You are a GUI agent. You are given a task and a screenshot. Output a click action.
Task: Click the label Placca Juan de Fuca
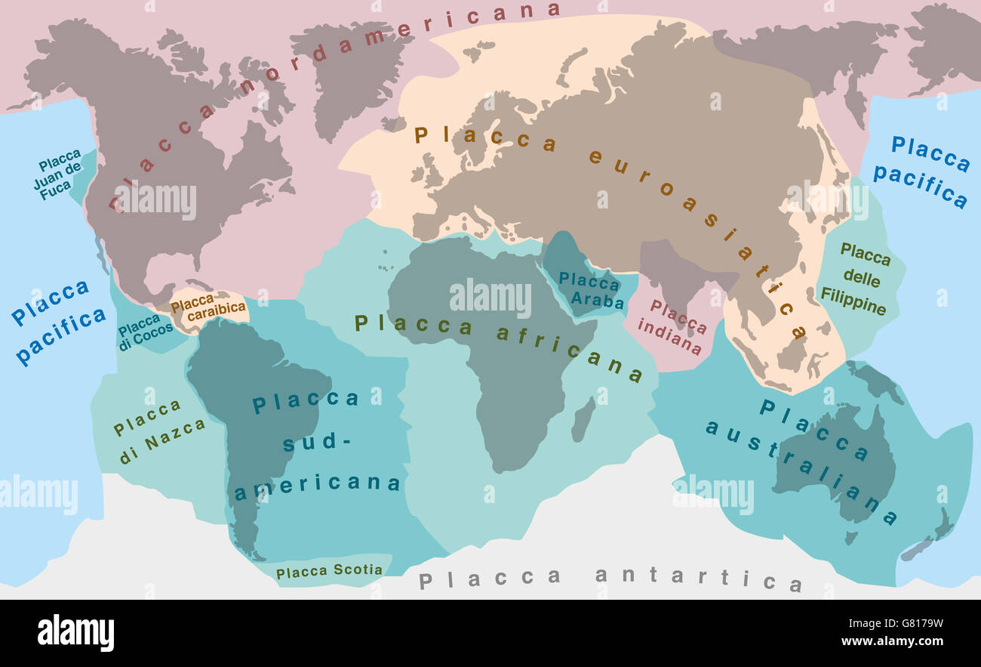59,175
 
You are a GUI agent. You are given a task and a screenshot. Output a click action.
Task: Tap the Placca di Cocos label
145,333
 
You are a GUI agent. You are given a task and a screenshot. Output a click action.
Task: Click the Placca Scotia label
329,571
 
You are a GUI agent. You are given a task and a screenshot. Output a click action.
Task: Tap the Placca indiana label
672,327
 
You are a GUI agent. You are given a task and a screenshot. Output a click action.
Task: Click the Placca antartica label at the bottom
610,579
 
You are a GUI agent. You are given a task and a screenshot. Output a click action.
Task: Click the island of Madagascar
583,420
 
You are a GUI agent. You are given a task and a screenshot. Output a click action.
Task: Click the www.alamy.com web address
898,642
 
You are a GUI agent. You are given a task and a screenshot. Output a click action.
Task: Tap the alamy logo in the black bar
76,632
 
